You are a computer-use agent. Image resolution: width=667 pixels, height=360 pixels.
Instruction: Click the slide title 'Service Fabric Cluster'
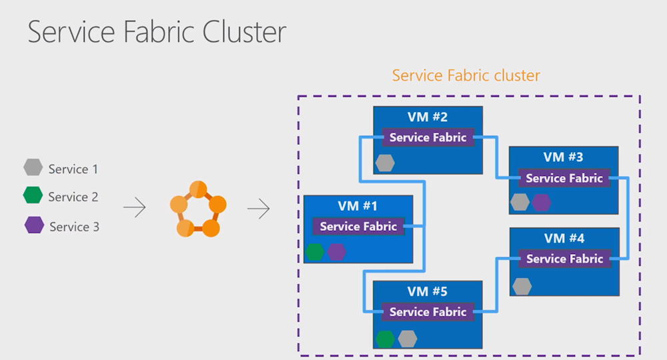[x=157, y=32]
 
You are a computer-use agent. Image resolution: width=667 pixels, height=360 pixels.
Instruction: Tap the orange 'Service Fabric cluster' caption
[x=466, y=75]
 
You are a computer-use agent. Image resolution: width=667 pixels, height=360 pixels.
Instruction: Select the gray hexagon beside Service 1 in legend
[x=33, y=168]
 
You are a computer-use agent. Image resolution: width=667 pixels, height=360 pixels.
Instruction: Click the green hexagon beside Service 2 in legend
[x=33, y=196]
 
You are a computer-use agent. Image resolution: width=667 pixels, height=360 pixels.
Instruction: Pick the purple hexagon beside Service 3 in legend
[x=34, y=225]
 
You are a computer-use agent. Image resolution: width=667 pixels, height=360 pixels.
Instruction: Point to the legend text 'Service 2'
[x=73, y=197]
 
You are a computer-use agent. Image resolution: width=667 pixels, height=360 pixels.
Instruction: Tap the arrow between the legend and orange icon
[x=135, y=209]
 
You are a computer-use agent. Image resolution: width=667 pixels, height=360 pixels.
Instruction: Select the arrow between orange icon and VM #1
[x=259, y=209]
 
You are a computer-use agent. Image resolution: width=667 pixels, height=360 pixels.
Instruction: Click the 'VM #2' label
[x=428, y=117]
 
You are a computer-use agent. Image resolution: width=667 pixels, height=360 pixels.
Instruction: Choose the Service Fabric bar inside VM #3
[x=564, y=178]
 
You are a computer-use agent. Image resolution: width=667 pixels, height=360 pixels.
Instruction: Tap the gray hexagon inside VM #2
[x=385, y=163]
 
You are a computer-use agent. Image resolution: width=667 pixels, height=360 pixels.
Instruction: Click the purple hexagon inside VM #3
[x=541, y=202]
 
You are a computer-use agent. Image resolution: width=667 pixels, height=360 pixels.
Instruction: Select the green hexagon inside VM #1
[x=314, y=252]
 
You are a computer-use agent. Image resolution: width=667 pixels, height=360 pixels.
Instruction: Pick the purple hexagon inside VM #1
[x=336, y=252]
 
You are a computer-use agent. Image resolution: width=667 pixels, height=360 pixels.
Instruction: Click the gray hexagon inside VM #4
[x=522, y=287]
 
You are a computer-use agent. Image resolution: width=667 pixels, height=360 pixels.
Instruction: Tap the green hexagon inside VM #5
[x=385, y=339]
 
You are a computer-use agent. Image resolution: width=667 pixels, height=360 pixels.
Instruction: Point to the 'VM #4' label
[x=564, y=239]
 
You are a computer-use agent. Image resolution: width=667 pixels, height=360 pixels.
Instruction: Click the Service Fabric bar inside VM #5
[x=428, y=311]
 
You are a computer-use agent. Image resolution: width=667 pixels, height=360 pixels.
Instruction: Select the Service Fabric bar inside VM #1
[x=358, y=226]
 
